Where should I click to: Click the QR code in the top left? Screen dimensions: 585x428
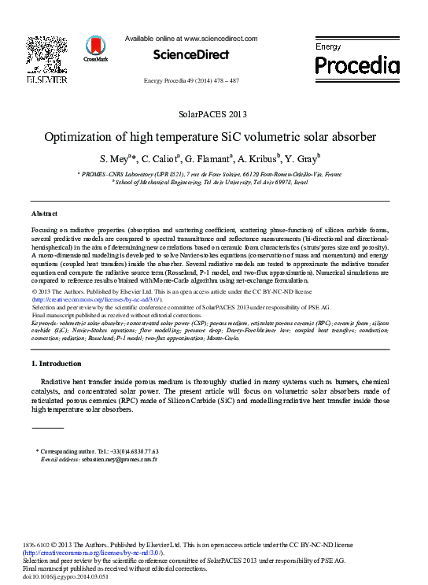(x=46, y=54)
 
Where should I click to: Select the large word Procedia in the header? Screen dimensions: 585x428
(x=357, y=64)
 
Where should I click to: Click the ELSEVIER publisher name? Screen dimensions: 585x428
(x=46, y=80)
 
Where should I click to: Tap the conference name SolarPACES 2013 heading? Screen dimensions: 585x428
(x=213, y=114)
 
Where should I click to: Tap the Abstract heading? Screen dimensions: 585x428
(x=44, y=213)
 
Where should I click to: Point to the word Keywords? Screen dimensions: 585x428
(x=46, y=323)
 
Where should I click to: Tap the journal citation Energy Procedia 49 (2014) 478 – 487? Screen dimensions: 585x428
(x=191, y=81)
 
